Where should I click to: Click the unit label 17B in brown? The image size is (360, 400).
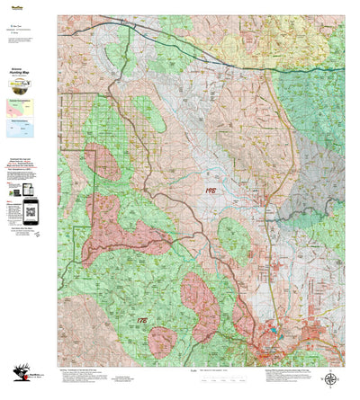(211, 190)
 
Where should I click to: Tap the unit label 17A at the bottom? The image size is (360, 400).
(143, 319)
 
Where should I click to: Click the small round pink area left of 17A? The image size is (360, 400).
(163, 342)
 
